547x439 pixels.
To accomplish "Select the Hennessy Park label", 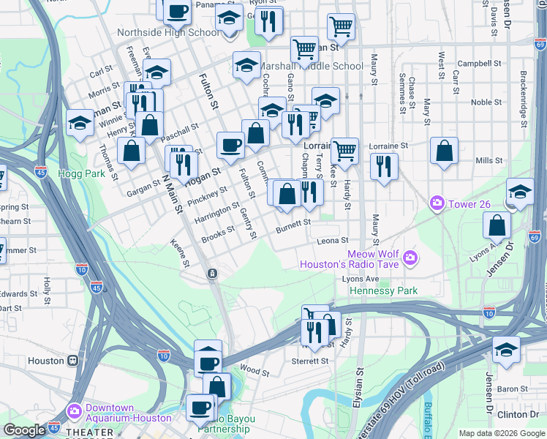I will pyautogui.click(x=384, y=290).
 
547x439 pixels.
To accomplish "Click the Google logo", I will pyautogui.click(x=24, y=430).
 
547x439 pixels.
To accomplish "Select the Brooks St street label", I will pyautogui.click(x=218, y=233).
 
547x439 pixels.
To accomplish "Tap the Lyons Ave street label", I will pyautogui.click(x=361, y=279).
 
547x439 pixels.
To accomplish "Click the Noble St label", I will pyautogui.click(x=486, y=102).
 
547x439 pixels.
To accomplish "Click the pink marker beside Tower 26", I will pyautogui.click(x=437, y=202).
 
